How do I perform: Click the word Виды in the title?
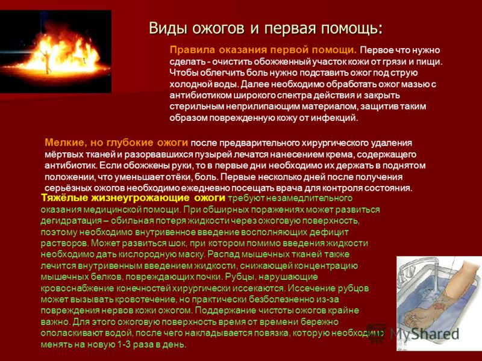(168, 28)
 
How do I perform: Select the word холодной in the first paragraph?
(189, 84)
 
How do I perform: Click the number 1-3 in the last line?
(125, 344)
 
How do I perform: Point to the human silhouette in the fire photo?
(46, 61)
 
